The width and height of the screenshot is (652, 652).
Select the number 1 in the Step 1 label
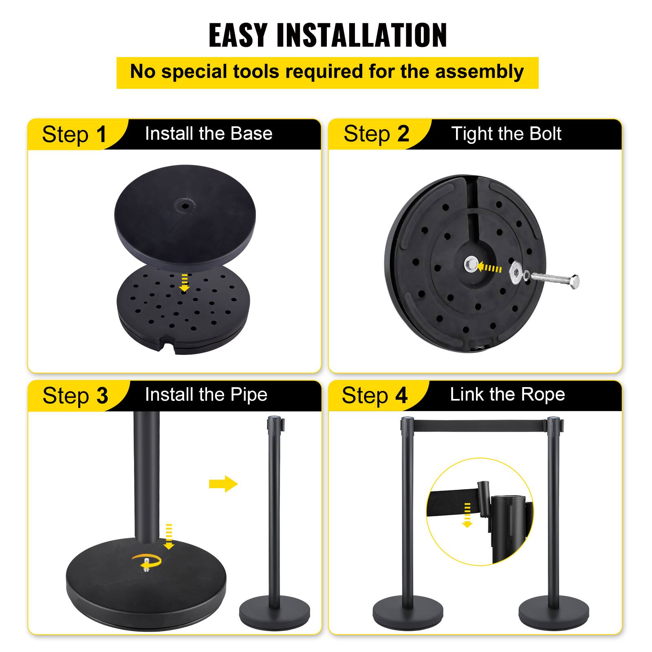coord(101,134)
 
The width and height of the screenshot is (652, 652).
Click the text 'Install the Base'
coord(208,134)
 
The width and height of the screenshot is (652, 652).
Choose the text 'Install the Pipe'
coord(206,394)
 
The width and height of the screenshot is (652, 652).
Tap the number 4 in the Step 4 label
coord(401,395)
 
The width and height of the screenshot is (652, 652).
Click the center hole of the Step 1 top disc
coord(184,206)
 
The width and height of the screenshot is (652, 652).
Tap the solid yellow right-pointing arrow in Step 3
coord(223,484)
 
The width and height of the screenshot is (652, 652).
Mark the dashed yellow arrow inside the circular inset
coord(467,515)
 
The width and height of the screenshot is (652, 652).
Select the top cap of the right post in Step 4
coord(554,420)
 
